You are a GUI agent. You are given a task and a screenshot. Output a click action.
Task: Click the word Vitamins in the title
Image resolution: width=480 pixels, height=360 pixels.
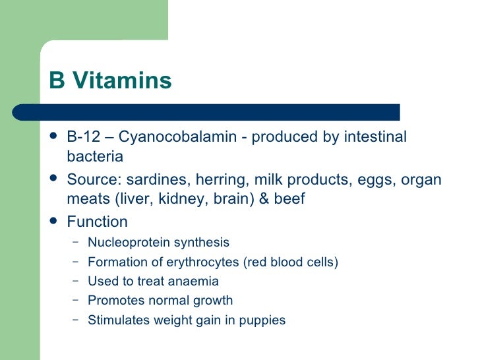click(x=122, y=80)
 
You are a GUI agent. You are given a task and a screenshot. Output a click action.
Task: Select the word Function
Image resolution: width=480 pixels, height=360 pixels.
click(x=98, y=222)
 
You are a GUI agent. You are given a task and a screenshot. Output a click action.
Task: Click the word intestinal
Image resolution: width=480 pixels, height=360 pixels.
click(x=373, y=136)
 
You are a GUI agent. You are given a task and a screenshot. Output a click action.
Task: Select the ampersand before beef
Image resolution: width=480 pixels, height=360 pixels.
click(x=263, y=198)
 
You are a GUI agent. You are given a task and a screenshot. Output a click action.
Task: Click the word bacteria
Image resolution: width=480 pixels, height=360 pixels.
click(x=95, y=156)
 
